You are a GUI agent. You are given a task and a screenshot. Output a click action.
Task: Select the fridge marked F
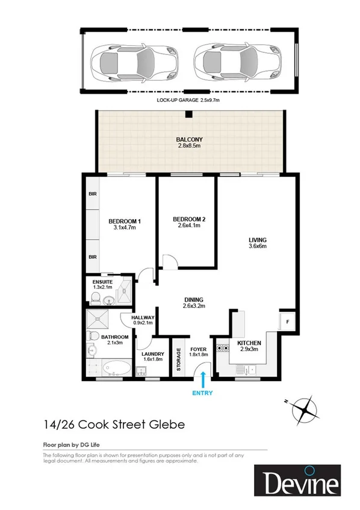pyautogui.click(x=287, y=322)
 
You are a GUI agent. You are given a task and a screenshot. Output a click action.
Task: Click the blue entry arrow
pyautogui.click(x=203, y=378)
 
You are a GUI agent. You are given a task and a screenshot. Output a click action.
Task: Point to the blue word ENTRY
pyautogui.click(x=202, y=393)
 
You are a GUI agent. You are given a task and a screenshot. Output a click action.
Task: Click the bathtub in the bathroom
pyautogui.click(x=114, y=367)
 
